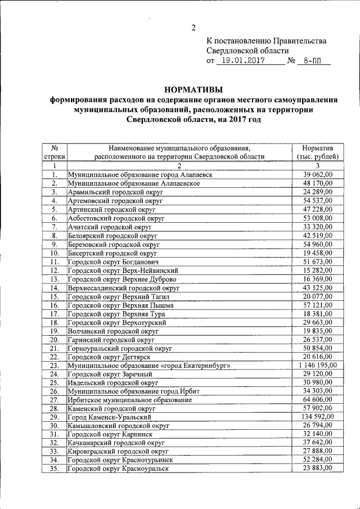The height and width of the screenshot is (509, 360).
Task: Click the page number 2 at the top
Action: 193,28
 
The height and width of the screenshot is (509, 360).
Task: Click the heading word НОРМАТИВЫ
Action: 193,89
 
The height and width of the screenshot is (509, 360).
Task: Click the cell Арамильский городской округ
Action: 115,192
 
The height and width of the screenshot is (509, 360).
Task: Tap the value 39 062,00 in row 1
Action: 318,175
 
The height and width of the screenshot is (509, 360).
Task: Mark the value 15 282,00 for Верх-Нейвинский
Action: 318,270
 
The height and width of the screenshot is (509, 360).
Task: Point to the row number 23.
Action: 54,365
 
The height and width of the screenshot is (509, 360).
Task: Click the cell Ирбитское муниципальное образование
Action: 129,399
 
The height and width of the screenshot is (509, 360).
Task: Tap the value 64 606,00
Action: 318,399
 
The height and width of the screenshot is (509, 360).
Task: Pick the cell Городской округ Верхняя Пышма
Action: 120,304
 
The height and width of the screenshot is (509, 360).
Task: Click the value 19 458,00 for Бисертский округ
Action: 318,253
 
